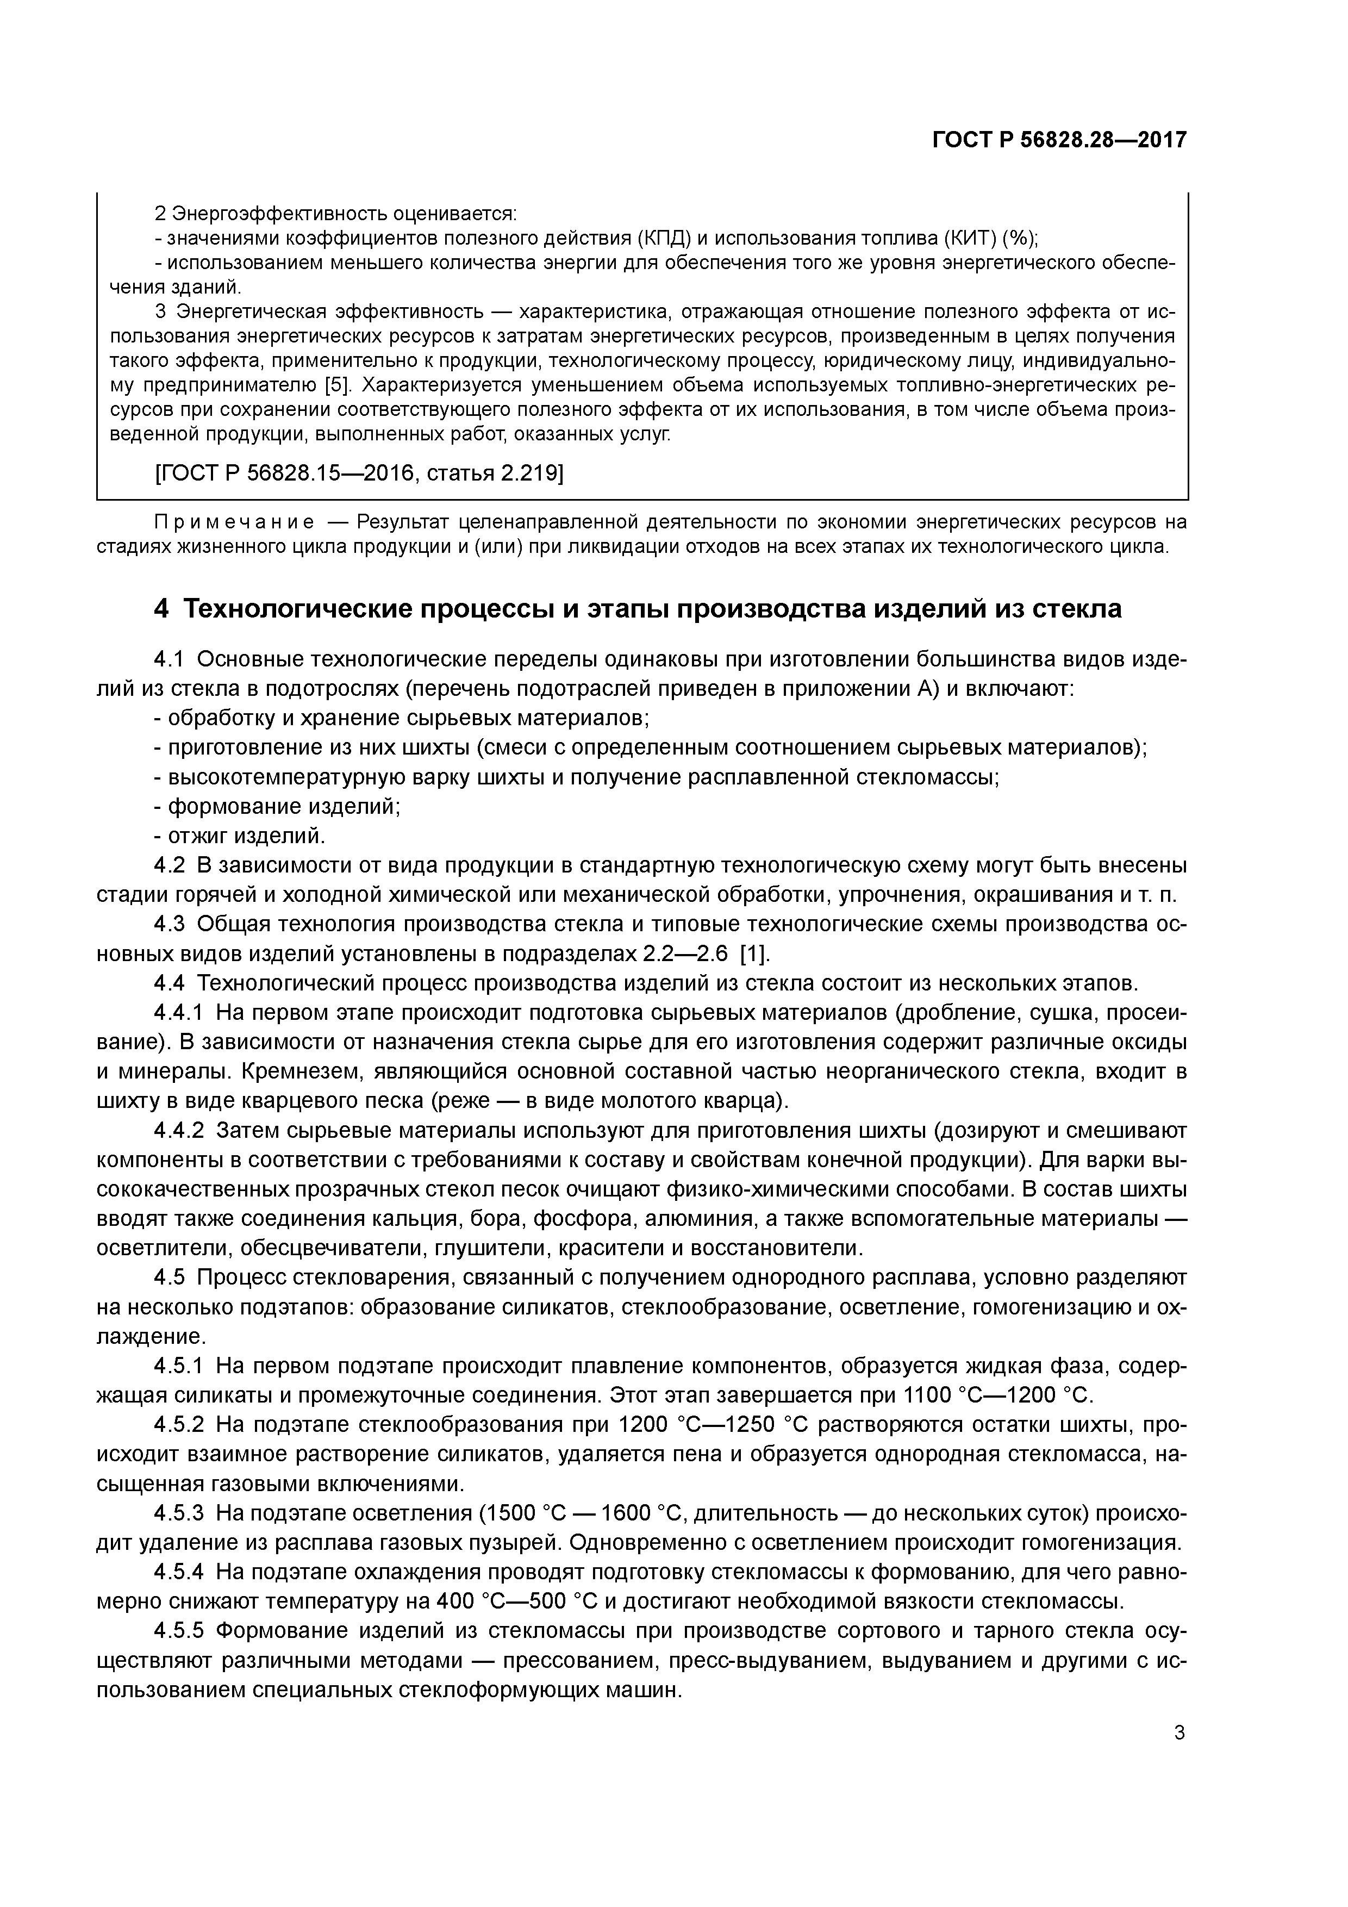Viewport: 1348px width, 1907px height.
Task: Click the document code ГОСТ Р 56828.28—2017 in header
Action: pyautogui.click(x=1059, y=140)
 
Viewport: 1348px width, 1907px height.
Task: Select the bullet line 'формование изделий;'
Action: pyautogui.click(x=277, y=806)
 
